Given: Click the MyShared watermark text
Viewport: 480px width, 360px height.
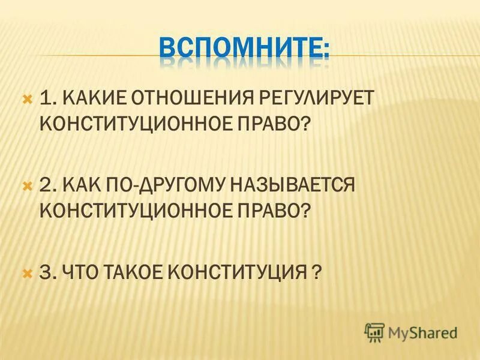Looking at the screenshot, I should pyautogui.click(x=422, y=332).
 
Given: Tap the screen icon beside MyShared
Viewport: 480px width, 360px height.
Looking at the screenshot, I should pyautogui.click(x=374, y=332).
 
